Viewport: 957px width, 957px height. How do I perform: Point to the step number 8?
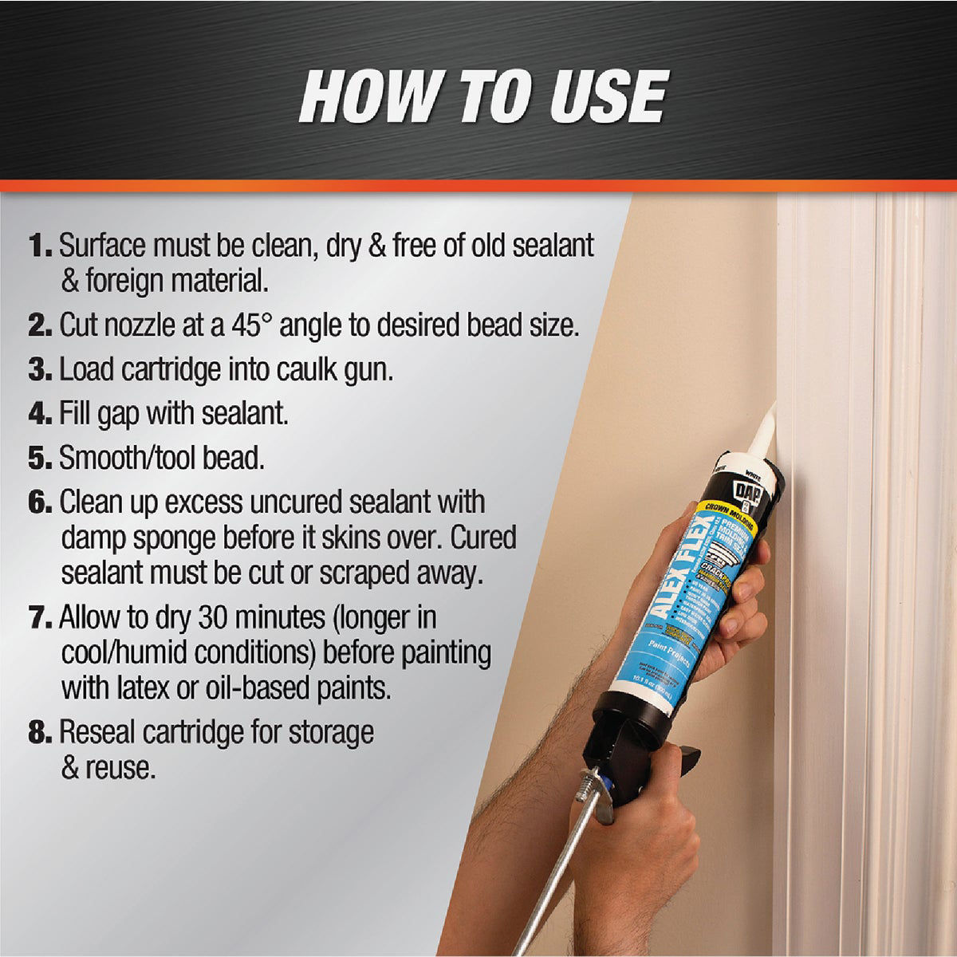(41, 732)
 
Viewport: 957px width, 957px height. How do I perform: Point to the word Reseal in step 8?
(100, 732)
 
